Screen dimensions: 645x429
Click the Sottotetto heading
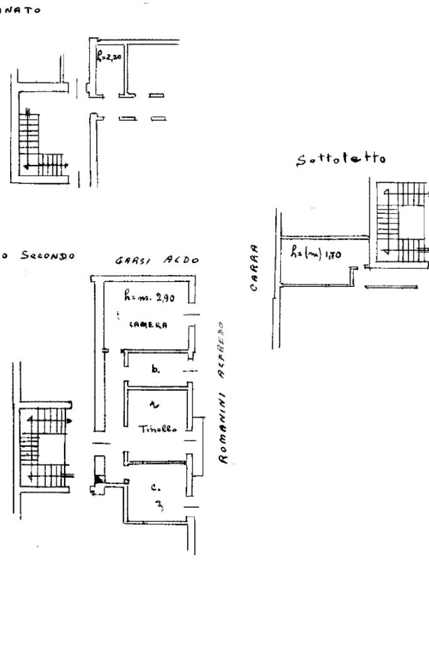click(x=340, y=160)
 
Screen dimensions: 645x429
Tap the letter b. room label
click(x=155, y=370)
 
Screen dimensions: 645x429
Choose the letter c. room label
click(x=156, y=486)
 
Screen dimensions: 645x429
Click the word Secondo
click(x=48, y=256)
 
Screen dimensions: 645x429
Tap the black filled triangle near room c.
click(x=99, y=480)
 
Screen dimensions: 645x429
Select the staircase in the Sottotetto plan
click(x=395, y=220)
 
